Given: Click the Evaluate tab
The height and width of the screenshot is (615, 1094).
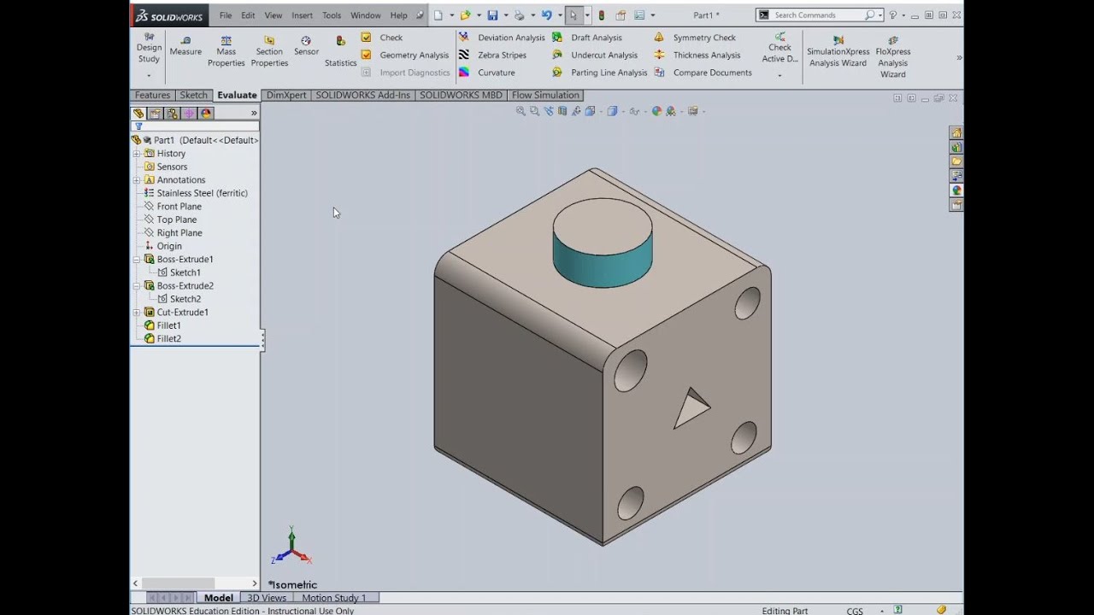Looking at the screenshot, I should (237, 95).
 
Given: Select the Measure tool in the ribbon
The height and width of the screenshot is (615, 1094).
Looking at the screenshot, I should (185, 45).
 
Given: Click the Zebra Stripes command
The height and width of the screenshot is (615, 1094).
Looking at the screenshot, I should (502, 55).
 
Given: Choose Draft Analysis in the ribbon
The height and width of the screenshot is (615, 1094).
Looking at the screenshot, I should (596, 38).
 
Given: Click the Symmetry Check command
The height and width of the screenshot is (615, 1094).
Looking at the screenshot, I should (703, 38).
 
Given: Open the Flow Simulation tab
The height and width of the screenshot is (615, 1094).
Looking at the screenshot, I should (545, 95).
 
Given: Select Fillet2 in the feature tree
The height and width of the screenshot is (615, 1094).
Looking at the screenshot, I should (168, 338).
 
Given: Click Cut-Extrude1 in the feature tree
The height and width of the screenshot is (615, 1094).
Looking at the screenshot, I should (182, 312).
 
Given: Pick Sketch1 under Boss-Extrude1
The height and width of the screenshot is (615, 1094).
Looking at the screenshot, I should (185, 272).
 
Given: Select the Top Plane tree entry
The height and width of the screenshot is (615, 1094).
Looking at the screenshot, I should (176, 220).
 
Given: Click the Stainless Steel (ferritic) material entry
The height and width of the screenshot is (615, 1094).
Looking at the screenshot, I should (202, 193).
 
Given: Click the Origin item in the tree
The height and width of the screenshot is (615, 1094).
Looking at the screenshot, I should (169, 246).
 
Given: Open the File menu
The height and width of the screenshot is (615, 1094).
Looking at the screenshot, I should (226, 15).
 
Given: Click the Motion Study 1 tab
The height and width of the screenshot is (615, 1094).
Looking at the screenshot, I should (333, 598).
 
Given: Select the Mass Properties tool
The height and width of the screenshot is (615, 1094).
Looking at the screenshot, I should (226, 51).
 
